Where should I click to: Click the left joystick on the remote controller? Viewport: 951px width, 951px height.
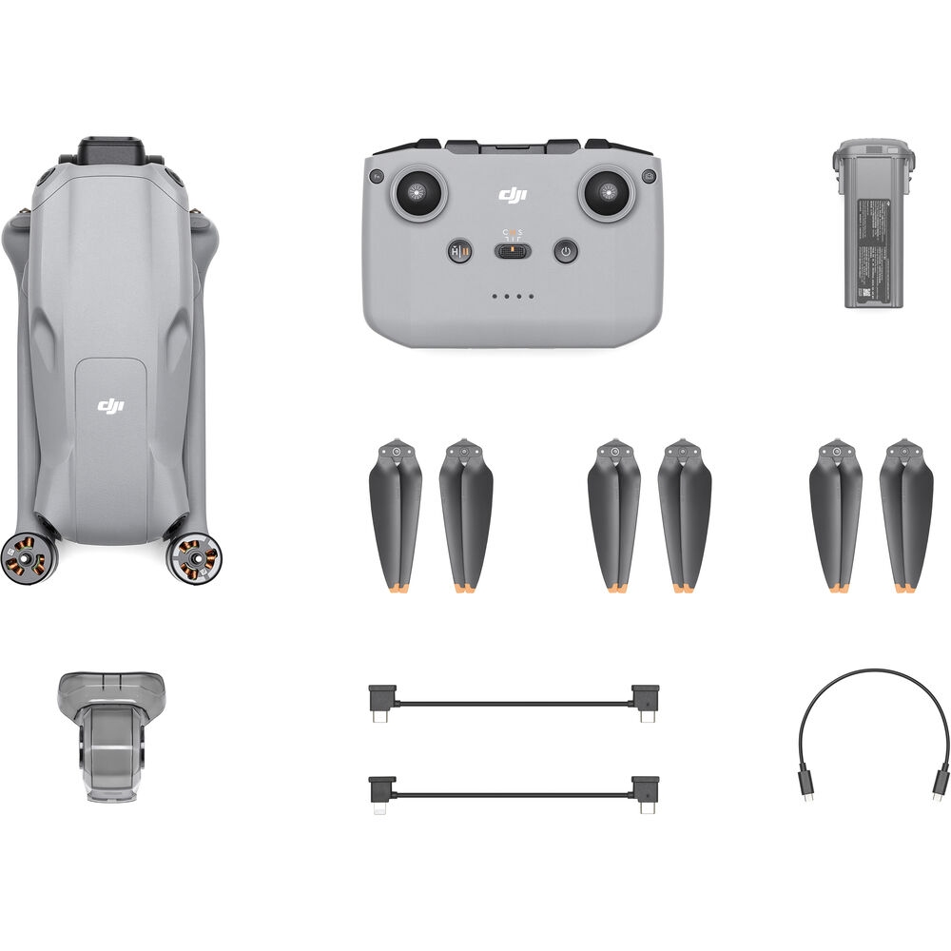417,192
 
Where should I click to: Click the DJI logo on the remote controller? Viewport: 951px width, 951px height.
513,194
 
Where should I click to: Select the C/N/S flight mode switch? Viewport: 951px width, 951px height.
513,251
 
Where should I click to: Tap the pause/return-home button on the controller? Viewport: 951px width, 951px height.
459,251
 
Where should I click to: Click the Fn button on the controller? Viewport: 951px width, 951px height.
377,177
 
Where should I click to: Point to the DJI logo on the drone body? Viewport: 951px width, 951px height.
110,406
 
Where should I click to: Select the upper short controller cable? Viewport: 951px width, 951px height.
514,705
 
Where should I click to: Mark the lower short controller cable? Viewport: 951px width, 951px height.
514,793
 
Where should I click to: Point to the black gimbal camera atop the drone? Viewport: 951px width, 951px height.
111,152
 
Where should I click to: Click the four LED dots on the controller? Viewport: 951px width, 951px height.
513,297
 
